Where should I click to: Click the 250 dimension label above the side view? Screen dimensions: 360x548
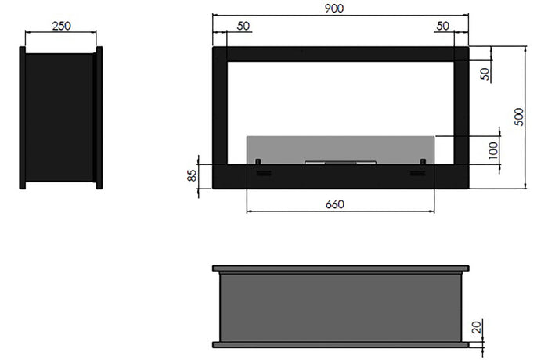point(61,25)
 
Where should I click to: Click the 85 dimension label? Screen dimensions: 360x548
point(192,175)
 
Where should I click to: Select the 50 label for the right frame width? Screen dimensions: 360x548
point(444,26)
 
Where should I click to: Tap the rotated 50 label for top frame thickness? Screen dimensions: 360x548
point(485,74)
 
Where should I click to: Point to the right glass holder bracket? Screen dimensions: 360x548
point(424,163)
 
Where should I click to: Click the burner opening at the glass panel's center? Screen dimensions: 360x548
point(340,163)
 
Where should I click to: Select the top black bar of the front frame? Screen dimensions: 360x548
point(340,53)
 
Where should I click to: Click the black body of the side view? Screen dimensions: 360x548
point(60,117)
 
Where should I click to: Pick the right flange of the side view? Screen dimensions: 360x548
point(99,117)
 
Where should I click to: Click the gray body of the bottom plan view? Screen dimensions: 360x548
point(340,306)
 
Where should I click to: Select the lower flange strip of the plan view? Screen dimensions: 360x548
point(340,344)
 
